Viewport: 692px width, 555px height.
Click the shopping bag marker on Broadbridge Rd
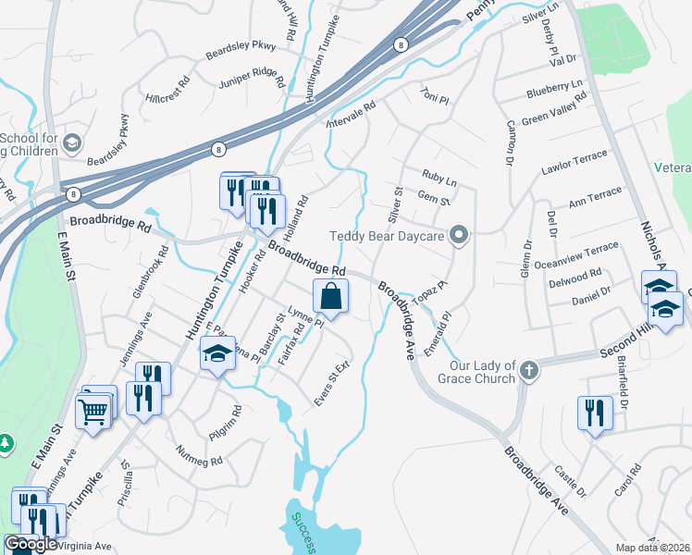click(x=331, y=298)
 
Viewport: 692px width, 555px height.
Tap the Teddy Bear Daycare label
click(x=389, y=236)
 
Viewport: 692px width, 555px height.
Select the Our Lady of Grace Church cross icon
click(x=528, y=372)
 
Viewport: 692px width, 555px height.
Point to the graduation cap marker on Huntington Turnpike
click(x=216, y=354)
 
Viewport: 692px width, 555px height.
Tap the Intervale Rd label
click(x=352, y=114)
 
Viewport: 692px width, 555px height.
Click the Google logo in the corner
click(x=31, y=544)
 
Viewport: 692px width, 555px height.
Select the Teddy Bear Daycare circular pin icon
click(x=456, y=236)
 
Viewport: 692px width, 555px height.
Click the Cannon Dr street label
click(x=508, y=141)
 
